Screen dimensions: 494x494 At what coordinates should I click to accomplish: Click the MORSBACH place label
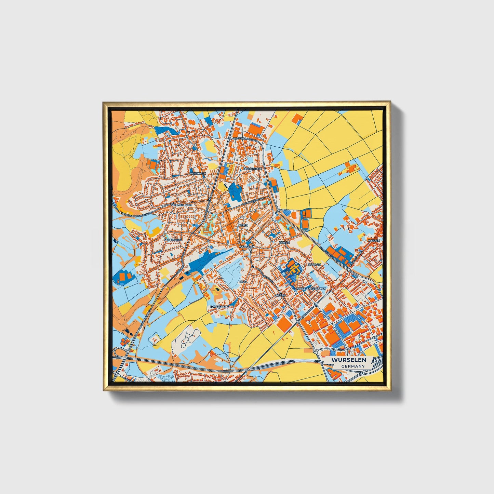[x=198, y=173]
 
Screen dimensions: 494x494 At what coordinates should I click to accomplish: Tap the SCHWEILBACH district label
[x=182, y=205]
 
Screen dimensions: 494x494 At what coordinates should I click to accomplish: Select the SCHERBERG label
[x=173, y=240]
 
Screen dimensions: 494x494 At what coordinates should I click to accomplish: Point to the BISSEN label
[x=243, y=226]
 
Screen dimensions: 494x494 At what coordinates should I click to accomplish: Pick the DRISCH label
[x=284, y=242]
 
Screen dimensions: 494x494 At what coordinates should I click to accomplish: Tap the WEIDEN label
[x=374, y=241]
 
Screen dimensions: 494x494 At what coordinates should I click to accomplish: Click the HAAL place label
[x=243, y=281]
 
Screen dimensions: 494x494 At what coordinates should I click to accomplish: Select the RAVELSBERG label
[x=219, y=307]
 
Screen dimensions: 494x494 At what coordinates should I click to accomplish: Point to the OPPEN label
[x=280, y=295]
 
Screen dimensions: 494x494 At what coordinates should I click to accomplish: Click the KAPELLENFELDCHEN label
[x=311, y=289]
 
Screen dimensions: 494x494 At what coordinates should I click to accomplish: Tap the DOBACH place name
[x=315, y=264]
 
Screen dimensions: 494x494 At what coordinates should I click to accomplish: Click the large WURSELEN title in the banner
[x=348, y=360]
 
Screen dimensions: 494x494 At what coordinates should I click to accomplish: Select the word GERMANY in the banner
[x=353, y=366]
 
